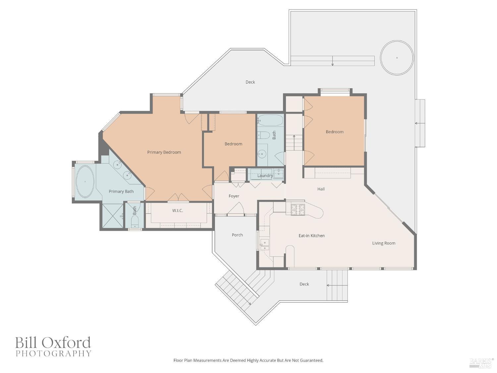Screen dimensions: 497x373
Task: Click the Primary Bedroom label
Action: (164, 152)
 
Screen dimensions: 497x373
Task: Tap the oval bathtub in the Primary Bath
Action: (85, 181)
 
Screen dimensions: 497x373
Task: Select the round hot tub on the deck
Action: (397, 58)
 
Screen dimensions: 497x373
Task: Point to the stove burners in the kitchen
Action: (298, 210)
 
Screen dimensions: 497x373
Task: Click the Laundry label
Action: (265, 175)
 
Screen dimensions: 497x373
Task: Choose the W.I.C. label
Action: (178, 211)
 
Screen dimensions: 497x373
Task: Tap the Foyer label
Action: (234, 196)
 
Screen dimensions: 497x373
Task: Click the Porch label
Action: (237, 235)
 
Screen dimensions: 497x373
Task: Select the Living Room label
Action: (384, 243)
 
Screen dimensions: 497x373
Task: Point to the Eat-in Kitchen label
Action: (311, 235)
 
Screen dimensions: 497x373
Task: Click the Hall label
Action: (321, 189)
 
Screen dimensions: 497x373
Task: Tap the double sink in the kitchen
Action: (264, 245)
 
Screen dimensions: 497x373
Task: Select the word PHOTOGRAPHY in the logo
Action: (53, 353)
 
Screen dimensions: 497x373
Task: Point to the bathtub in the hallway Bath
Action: (270, 120)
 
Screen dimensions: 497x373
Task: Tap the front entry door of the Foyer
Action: (236, 208)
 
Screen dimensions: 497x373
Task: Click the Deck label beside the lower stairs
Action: (304, 284)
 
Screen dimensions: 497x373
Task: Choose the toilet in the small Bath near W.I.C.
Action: (135, 221)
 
